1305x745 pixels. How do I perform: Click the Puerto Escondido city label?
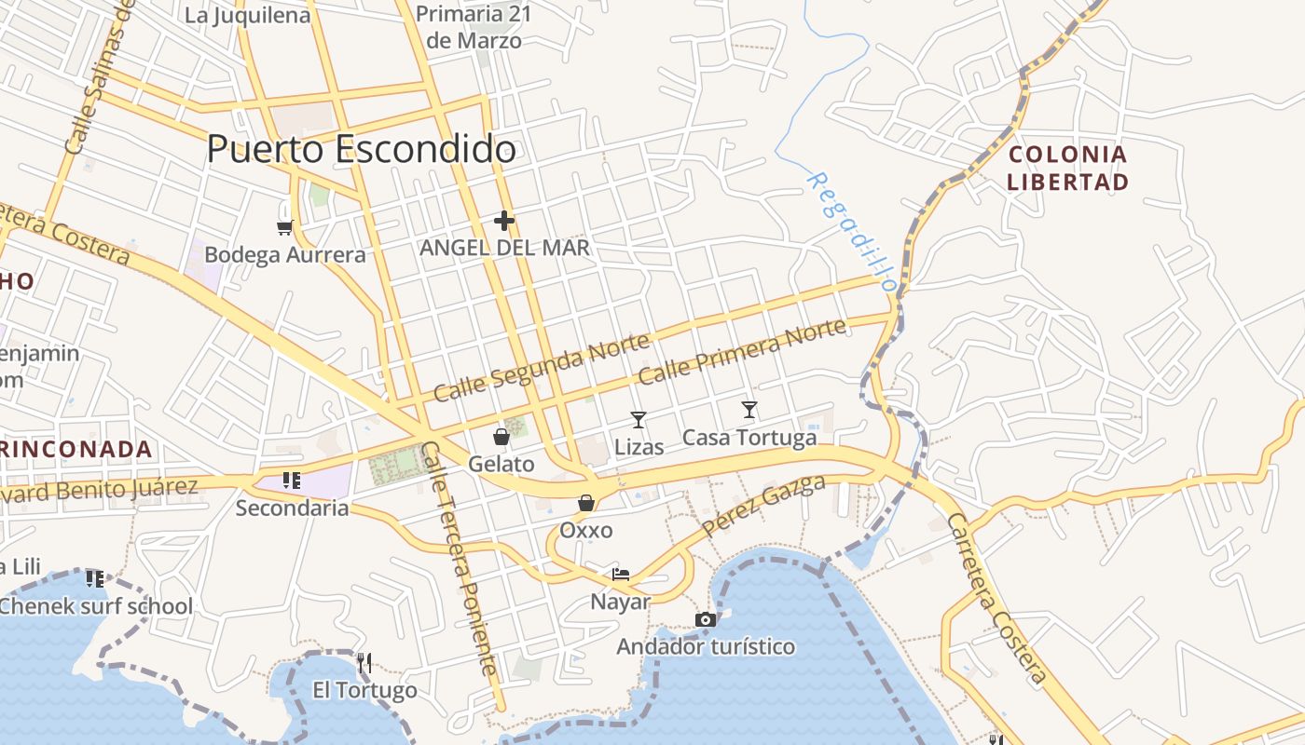coord(362,149)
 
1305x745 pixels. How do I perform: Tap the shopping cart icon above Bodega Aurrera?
coord(285,226)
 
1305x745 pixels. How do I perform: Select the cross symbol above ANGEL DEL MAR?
coord(504,221)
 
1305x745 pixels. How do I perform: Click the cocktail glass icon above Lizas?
coord(639,419)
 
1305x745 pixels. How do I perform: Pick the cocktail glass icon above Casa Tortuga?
coord(749,409)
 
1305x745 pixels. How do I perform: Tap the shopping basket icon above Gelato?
coord(501,436)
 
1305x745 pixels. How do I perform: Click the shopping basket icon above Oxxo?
coord(586,503)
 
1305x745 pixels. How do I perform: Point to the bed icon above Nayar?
coord(621,574)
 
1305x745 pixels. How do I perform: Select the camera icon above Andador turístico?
coord(706,619)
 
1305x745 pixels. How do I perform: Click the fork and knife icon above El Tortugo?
coord(364,663)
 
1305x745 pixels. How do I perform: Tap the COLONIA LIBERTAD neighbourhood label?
coord(1068,168)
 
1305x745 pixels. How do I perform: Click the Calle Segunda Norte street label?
coord(541,369)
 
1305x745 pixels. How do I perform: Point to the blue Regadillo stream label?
coord(851,231)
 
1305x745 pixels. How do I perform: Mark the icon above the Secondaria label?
coord(291,481)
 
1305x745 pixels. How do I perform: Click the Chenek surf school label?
coord(95,606)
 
